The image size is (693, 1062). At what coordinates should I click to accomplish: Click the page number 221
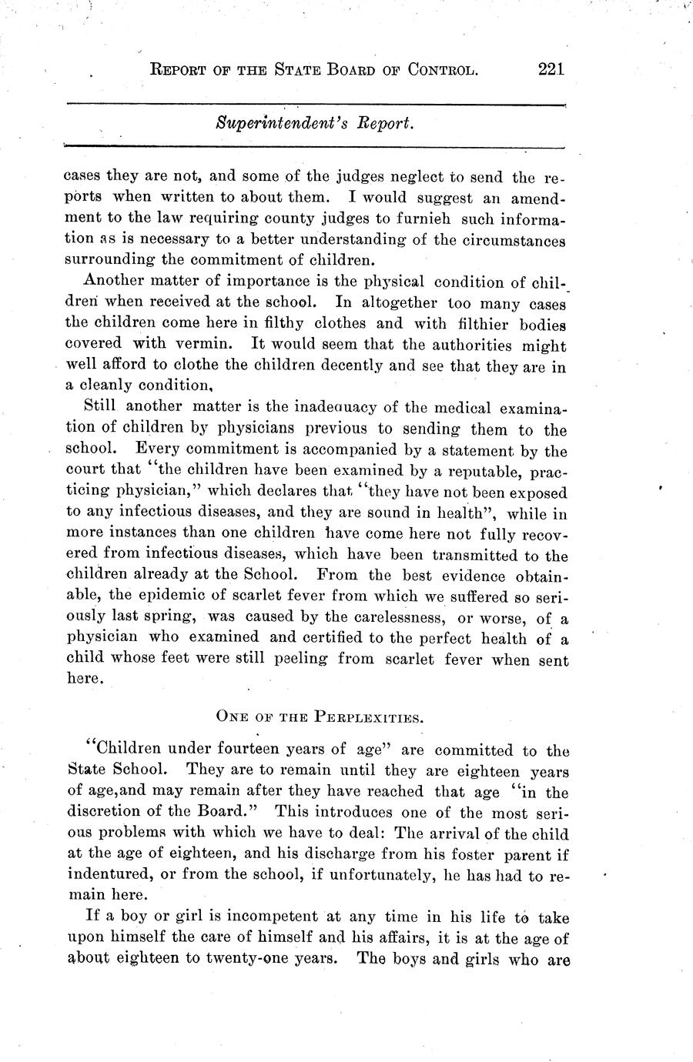pyautogui.click(x=552, y=68)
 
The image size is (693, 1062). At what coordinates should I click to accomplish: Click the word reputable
pyautogui.click(x=483, y=470)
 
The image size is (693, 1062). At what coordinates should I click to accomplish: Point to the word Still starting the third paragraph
pyautogui.click(x=97, y=406)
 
